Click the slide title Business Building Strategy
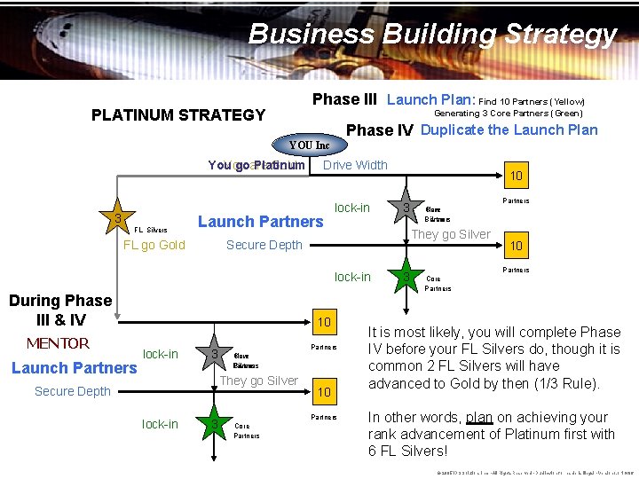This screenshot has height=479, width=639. [x=432, y=34]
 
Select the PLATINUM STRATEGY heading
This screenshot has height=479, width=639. [x=178, y=114]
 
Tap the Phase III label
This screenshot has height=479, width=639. [x=344, y=99]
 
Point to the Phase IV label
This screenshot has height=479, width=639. [x=379, y=130]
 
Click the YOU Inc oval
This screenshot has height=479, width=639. [x=309, y=145]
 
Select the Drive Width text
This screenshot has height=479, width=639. [x=355, y=164]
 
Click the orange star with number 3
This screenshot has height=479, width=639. [x=116, y=218]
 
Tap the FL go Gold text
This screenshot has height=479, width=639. [x=154, y=245]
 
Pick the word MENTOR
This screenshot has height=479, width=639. [x=57, y=343]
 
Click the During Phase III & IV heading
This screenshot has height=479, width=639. [x=60, y=310]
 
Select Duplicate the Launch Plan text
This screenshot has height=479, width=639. [x=509, y=130]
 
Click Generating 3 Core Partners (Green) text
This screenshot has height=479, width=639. [x=508, y=114]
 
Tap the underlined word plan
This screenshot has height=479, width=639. [x=479, y=417]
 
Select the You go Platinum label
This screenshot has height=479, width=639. [x=256, y=165]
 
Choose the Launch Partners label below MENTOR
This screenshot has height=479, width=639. [x=74, y=367]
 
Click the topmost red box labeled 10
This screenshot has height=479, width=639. [x=516, y=177]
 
